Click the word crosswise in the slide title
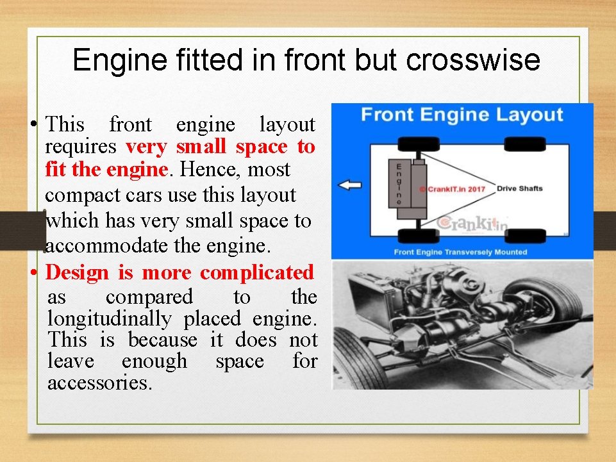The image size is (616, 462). pyautogui.click(x=473, y=60)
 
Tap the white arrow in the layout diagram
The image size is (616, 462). pyautogui.click(x=350, y=186)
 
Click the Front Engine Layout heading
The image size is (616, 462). pyautogui.click(x=462, y=115)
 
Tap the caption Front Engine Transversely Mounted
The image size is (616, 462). pyautogui.click(x=460, y=252)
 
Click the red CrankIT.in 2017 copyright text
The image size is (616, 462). pyautogui.click(x=453, y=189)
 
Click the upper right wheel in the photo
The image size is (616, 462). pyautogui.click(x=551, y=297)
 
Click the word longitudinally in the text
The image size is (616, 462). pyautogui.click(x=110, y=318)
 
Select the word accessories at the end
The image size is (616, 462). pyautogui.click(x=100, y=383)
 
